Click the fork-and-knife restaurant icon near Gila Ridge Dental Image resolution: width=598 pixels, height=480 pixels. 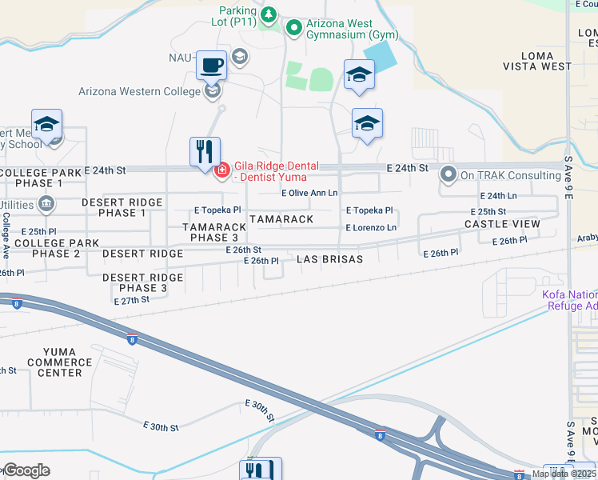[x=204, y=150]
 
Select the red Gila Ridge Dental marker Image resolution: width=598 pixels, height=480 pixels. [x=221, y=170]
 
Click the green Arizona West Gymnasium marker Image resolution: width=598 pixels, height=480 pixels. [x=293, y=29]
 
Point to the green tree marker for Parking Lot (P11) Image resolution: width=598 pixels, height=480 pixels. [x=269, y=14]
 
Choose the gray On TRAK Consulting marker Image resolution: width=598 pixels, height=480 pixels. [x=448, y=174]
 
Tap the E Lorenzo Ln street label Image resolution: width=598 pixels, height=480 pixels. [x=371, y=228]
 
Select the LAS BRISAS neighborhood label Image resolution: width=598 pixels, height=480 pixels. [x=329, y=259]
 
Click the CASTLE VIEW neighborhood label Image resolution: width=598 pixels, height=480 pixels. [x=503, y=224]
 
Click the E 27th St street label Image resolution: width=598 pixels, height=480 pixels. [x=132, y=300]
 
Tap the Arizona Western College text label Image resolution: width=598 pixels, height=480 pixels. [x=139, y=91]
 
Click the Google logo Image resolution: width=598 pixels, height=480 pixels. [x=26, y=470]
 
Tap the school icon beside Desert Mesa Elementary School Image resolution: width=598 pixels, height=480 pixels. [x=47, y=125]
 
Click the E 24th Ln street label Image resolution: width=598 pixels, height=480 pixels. [x=498, y=195]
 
